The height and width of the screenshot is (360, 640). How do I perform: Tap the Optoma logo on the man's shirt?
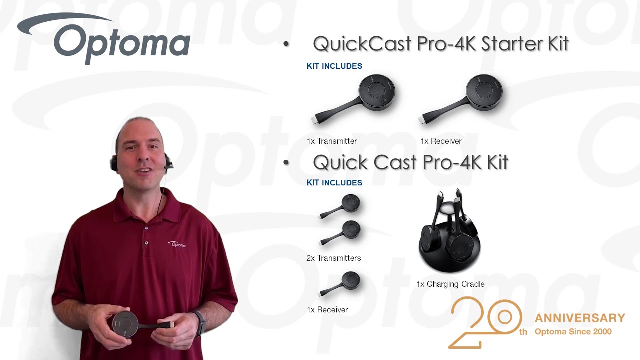(177, 244)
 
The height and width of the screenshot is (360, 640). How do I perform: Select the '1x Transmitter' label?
(332, 141)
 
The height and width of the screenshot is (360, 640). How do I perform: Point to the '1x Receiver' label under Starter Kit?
(441, 141)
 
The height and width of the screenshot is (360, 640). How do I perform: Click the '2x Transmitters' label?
(333, 258)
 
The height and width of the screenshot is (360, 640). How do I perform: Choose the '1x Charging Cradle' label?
(450, 284)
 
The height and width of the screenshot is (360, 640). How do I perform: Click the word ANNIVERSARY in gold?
(580, 318)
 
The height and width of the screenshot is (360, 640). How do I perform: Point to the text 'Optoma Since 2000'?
(573, 331)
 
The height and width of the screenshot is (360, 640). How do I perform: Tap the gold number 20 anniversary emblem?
(485, 322)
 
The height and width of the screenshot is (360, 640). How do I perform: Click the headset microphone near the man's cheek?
(168, 163)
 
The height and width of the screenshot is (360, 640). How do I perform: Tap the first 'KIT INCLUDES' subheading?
(334, 66)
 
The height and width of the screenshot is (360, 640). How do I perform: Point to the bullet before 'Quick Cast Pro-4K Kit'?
(286, 162)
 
